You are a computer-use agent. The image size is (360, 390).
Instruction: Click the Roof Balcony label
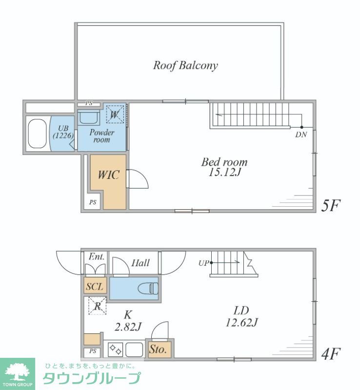(x=185, y=65)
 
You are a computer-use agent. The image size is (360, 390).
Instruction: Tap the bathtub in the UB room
(x=38, y=134)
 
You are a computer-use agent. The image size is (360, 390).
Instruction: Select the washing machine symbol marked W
(x=115, y=115)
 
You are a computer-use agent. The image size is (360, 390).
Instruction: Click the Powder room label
(x=102, y=136)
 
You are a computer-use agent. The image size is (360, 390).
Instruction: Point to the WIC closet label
(x=109, y=175)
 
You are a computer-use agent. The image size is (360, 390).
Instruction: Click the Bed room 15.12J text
(x=224, y=167)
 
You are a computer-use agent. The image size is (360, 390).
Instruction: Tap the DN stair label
(x=301, y=135)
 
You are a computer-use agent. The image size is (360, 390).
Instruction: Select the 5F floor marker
(x=330, y=205)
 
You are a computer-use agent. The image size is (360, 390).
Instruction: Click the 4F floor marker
(x=330, y=354)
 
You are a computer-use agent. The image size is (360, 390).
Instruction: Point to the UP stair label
(x=203, y=263)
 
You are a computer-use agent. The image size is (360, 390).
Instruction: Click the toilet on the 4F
(x=148, y=289)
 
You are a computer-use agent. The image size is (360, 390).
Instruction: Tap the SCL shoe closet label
(x=95, y=287)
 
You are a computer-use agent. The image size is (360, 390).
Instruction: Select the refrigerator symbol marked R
(x=98, y=306)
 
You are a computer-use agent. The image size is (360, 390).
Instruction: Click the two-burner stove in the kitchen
(x=115, y=349)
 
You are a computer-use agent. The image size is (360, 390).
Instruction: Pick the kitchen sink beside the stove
(x=134, y=350)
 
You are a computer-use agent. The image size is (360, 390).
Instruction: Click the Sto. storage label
(x=158, y=350)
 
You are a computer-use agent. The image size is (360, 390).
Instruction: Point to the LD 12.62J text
(x=241, y=316)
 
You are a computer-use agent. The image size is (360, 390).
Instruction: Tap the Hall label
(x=140, y=263)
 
